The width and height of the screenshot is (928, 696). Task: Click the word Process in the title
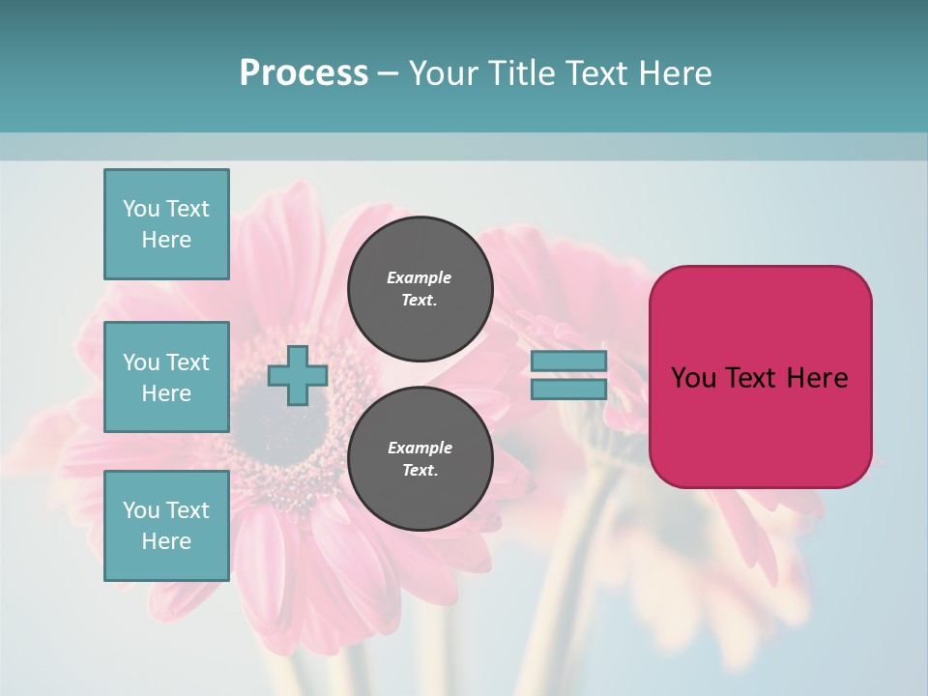coord(304,73)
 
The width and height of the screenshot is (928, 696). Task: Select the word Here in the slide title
coord(677,73)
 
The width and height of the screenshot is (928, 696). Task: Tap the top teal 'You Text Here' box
coord(166,224)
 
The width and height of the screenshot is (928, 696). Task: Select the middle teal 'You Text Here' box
coord(166,377)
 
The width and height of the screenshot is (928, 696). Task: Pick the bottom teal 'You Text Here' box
coord(166,526)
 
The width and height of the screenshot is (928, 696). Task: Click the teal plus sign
coord(297,376)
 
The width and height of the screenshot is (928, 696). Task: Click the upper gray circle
coord(420,289)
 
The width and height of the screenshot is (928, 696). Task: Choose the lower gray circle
coord(420,459)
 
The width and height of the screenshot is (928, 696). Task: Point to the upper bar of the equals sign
coord(568,362)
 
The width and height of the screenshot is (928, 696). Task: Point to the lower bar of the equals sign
coord(568,390)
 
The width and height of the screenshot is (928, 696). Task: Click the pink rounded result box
coord(760,425)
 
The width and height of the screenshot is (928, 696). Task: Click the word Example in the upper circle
coord(419,277)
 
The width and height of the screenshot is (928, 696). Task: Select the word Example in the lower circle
coord(420,448)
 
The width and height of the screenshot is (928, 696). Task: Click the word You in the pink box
coord(692,378)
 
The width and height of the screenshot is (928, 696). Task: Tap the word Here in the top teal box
coord(166,240)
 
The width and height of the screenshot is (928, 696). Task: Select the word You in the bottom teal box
coord(141,510)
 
